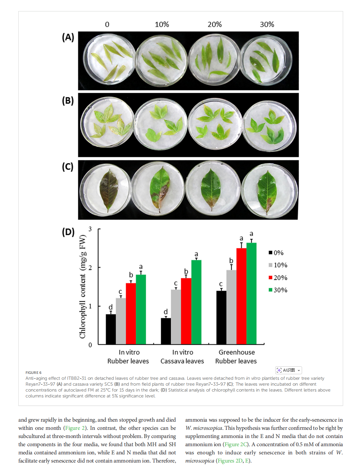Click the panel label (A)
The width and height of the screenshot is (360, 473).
coord(68,37)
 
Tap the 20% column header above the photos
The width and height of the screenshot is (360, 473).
coord(214,25)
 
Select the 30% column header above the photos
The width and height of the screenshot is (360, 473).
coord(267,25)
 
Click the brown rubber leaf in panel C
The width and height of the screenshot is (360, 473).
coord(109,189)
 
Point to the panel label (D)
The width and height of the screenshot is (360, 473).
coord(68,232)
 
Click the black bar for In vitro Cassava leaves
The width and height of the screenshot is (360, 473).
coord(166,331)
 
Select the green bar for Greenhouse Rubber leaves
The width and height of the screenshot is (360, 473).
coord(251,293)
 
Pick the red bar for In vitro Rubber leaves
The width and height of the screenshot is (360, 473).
coord(131,313)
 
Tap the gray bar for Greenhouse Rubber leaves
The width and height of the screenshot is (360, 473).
coord(231,307)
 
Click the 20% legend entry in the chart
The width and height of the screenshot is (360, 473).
coord(278,278)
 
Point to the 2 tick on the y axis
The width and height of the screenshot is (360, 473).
coord(90,268)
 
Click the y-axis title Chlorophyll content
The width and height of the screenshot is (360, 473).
coord(82,287)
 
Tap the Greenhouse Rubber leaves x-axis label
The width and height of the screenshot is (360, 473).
coord(236,357)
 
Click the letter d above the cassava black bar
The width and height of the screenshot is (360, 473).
coord(166,312)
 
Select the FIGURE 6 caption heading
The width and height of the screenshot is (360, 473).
coord(33,373)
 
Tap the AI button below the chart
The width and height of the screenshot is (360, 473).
coord(288,370)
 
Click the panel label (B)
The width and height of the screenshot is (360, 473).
coord(68,101)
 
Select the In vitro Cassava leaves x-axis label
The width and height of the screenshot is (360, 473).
coord(182,357)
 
